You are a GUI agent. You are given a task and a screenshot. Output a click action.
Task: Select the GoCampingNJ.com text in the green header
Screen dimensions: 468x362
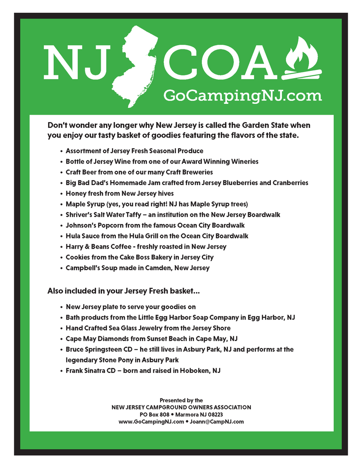243,96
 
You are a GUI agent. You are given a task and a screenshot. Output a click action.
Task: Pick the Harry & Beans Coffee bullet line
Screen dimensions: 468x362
146,246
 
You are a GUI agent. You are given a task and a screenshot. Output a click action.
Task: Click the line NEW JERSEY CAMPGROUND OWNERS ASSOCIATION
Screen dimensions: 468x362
181,407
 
